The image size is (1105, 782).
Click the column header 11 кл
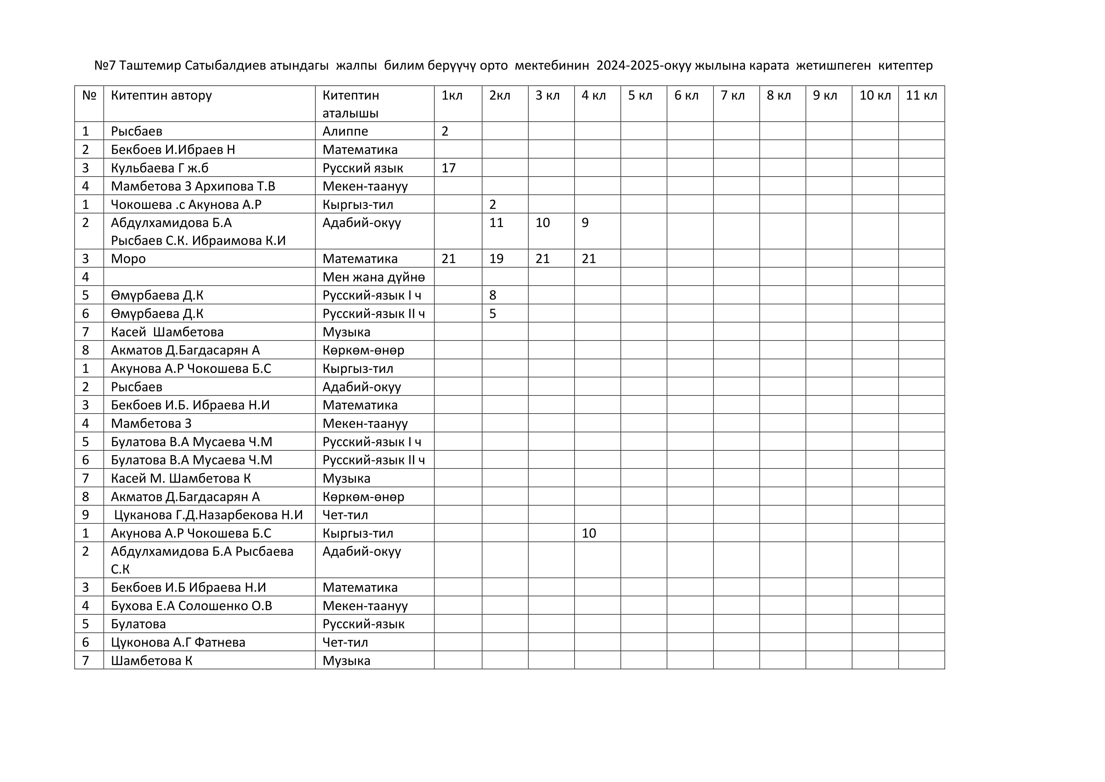[x=921, y=95]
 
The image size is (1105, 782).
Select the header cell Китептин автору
[x=161, y=95]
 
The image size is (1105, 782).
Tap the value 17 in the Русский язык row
[x=449, y=168]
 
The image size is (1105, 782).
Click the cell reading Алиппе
[x=345, y=131]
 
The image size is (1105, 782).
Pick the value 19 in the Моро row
[x=496, y=258]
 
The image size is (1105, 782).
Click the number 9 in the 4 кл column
[x=585, y=223]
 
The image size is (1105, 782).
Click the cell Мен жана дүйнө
[x=374, y=277]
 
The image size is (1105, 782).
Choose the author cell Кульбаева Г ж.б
[x=159, y=168]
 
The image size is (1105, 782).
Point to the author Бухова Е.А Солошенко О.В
[x=192, y=606]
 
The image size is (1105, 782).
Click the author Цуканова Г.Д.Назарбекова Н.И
[x=209, y=515]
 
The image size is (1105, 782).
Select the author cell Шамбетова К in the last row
[x=152, y=661]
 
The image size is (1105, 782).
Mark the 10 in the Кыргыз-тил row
[x=589, y=533]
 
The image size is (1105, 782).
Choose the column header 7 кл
[x=732, y=95]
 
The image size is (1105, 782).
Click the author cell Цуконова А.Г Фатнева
[x=178, y=642]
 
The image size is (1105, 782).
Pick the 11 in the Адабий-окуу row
[x=496, y=223]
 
